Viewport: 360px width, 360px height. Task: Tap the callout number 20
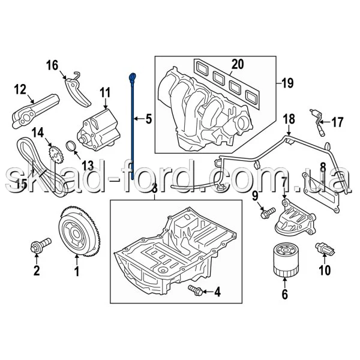click(x=238, y=64)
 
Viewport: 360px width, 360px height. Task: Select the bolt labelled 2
click(x=41, y=245)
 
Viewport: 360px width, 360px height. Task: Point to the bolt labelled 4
click(x=196, y=290)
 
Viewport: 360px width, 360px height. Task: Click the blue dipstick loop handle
click(x=133, y=76)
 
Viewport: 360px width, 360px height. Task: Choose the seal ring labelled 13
click(x=71, y=147)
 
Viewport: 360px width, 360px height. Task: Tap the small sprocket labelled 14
click(x=56, y=155)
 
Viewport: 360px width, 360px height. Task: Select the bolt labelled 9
click(x=268, y=212)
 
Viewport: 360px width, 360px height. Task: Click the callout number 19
click(x=287, y=83)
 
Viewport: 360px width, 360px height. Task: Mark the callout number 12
click(x=20, y=89)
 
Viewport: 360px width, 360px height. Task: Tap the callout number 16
click(x=53, y=65)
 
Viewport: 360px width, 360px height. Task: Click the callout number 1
click(x=77, y=271)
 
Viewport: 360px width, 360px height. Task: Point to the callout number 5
click(x=149, y=119)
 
